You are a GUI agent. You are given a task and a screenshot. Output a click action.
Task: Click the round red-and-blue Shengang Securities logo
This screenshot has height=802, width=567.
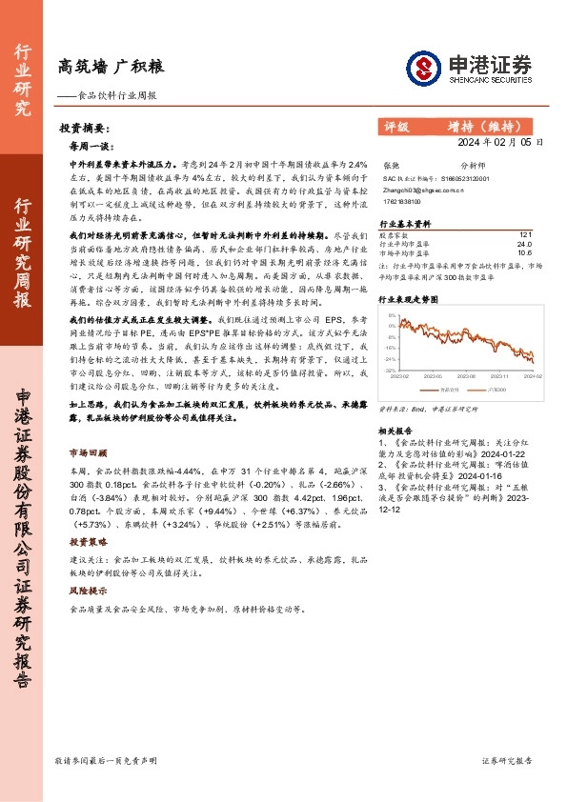coord(421,68)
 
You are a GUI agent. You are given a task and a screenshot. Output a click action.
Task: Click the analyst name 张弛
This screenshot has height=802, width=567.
coord(390,164)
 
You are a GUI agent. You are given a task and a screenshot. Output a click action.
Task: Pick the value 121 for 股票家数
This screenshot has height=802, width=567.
coord(525,234)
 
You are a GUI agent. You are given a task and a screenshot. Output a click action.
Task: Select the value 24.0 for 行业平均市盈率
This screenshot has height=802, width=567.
coord(524,244)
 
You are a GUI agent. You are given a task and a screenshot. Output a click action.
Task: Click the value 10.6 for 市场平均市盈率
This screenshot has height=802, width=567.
coord(524,253)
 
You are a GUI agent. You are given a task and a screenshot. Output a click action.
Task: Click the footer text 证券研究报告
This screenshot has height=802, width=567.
coord(507,761)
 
